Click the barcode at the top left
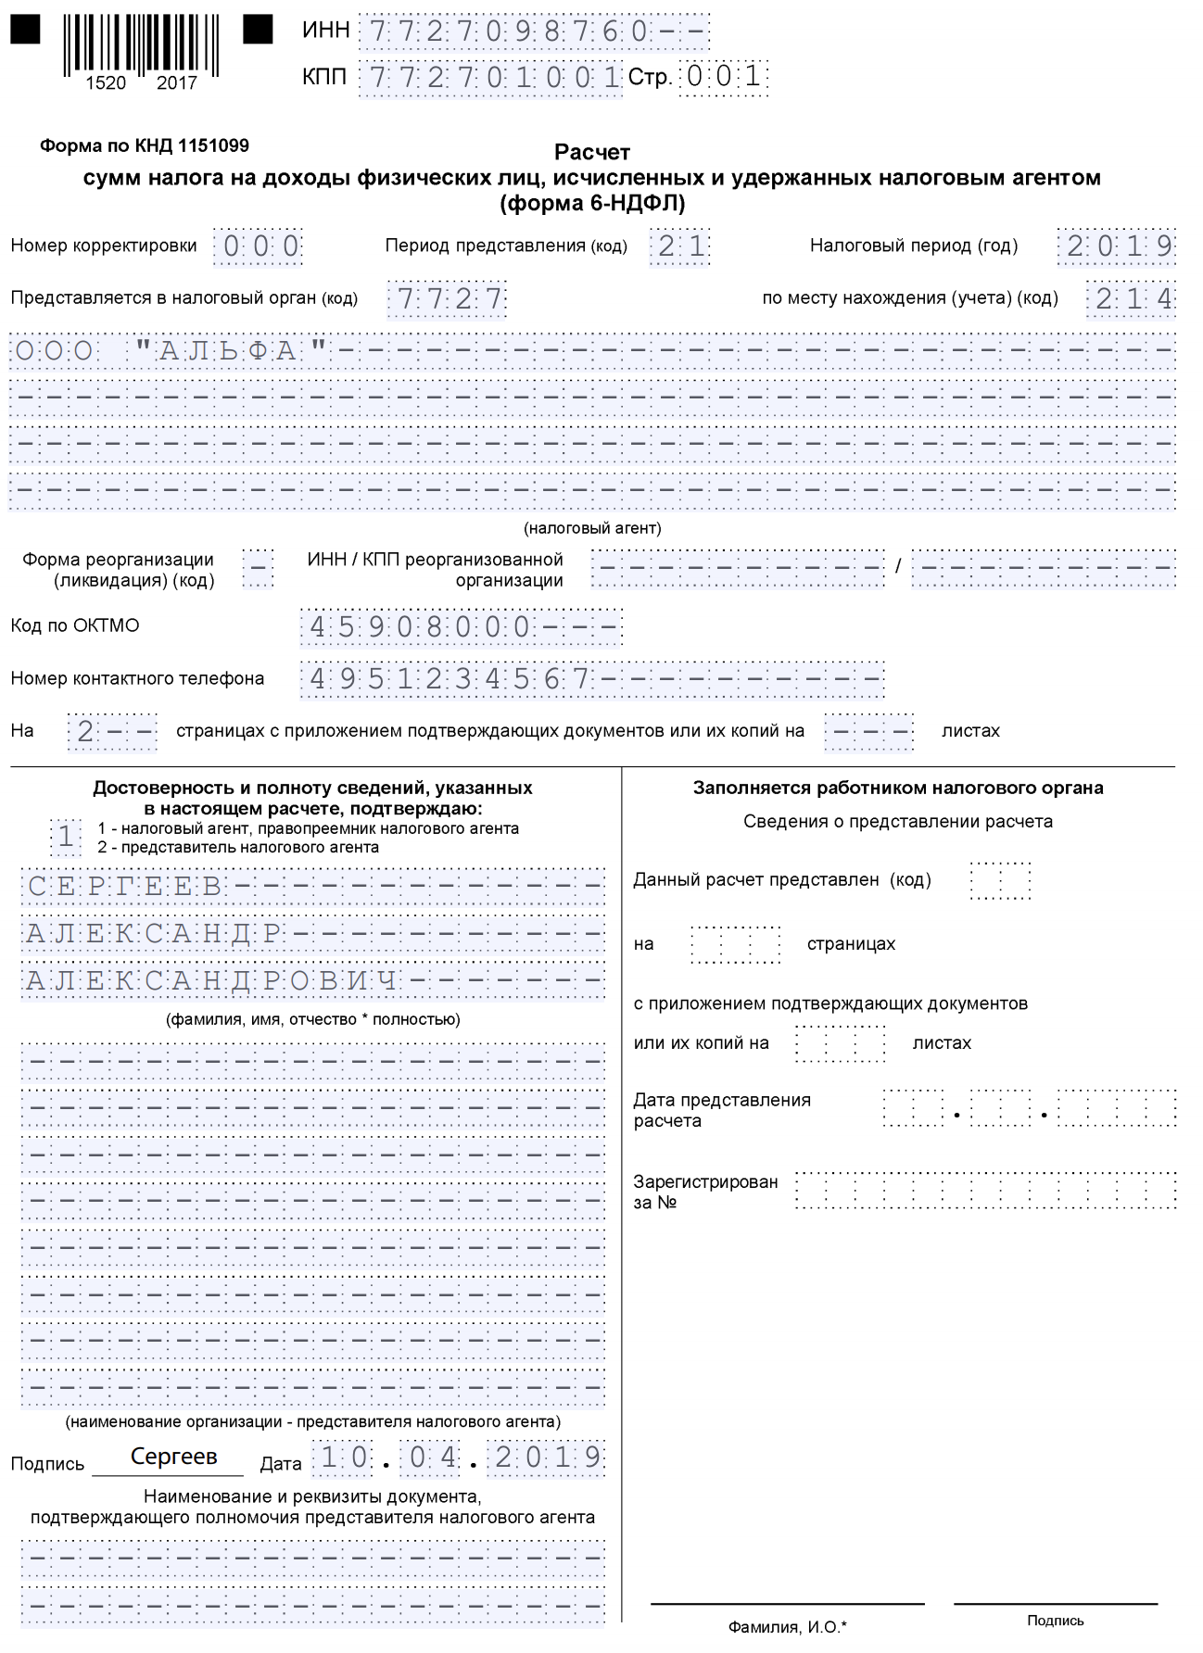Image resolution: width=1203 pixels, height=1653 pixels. [x=141, y=44]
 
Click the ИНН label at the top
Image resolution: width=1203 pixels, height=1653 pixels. [x=325, y=31]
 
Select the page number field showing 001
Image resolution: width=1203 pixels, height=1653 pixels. [x=724, y=76]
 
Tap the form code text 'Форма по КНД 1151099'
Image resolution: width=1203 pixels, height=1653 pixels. [x=145, y=145]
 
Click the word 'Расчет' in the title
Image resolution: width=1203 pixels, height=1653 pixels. [x=592, y=151]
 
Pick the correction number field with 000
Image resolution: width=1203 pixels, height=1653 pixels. [x=259, y=246]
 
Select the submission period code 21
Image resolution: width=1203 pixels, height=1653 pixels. [x=680, y=246]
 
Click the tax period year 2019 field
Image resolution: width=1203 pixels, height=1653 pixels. [x=1117, y=246]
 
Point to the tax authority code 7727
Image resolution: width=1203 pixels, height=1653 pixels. [x=448, y=299]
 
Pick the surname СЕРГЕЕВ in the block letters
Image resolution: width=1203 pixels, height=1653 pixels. [x=124, y=887]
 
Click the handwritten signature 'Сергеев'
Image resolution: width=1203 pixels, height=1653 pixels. [x=173, y=1457]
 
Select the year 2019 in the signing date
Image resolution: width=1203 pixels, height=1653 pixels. [x=548, y=1457]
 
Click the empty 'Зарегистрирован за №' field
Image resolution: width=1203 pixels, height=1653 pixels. [x=985, y=1191]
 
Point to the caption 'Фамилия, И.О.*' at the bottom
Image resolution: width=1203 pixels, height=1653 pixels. [x=787, y=1627]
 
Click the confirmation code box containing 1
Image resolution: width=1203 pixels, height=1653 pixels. [x=65, y=837]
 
